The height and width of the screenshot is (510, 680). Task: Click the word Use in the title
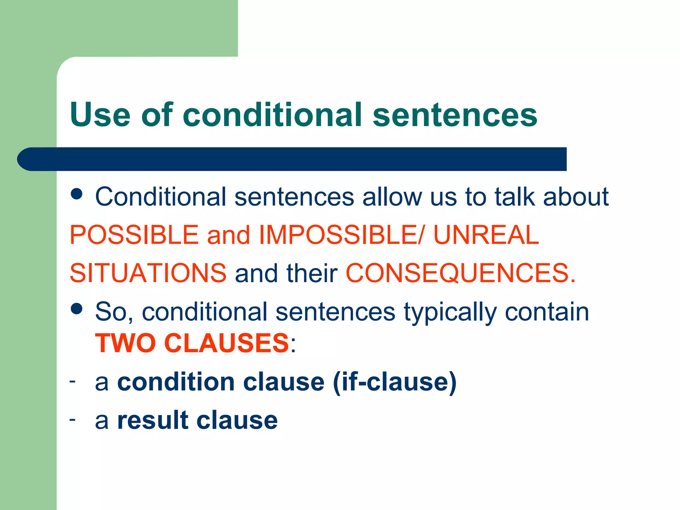pyautogui.click(x=100, y=115)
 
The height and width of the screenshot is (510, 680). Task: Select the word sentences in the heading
pyautogui.click(x=455, y=115)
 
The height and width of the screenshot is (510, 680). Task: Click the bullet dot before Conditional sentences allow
pyautogui.click(x=77, y=194)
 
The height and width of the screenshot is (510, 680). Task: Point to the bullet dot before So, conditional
pyautogui.click(x=77, y=309)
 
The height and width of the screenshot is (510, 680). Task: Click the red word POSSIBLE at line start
pyautogui.click(x=134, y=235)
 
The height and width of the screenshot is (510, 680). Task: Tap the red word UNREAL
pyautogui.click(x=486, y=235)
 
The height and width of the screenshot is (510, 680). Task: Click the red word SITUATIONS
pyautogui.click(x=148, y=273)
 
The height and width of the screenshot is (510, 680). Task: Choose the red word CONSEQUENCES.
pyautogui.click(x=461, y=273)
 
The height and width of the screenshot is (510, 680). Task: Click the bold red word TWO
pyautogui.click(x=125, y=343)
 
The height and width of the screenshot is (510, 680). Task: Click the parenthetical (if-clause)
pyautogui.click(x=395, y=382)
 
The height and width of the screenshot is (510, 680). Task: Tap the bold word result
pyautogui.click(x=153, y=420)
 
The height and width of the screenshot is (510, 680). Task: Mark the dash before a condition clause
pyautogui.click(x=72, y=381)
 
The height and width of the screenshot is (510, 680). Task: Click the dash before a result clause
pyautogui.click(x=72, y=419)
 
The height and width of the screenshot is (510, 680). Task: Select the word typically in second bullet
pyautogui.click(x=450, y=312)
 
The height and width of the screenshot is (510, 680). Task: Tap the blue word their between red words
pyautogui.click(x=312, y=273)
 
